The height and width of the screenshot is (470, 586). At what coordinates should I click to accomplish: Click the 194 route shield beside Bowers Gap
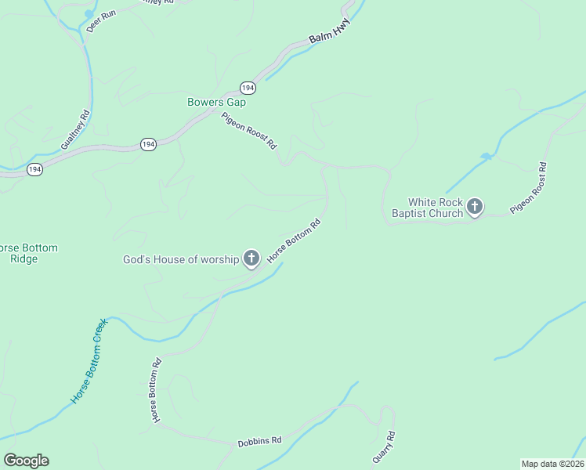248,88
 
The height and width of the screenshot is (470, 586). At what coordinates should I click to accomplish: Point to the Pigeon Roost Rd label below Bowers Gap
249,131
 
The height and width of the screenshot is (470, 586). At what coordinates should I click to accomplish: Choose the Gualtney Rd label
75,130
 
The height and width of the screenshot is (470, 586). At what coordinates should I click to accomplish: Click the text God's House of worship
180,259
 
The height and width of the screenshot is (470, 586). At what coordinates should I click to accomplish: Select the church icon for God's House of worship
251,258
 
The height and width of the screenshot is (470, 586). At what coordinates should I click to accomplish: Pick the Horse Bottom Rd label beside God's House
294,240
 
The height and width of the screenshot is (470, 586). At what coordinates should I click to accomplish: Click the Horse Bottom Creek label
88,361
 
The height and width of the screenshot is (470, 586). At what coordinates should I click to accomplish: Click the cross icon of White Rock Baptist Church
475,207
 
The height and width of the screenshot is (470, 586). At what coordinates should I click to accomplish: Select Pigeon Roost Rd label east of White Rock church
528,189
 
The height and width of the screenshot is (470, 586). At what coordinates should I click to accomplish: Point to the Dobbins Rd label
259,441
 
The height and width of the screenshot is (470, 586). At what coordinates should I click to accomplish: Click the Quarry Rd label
383,446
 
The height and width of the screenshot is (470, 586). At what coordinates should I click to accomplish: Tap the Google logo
26,461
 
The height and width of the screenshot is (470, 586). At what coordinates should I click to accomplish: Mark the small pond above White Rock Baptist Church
487,157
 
